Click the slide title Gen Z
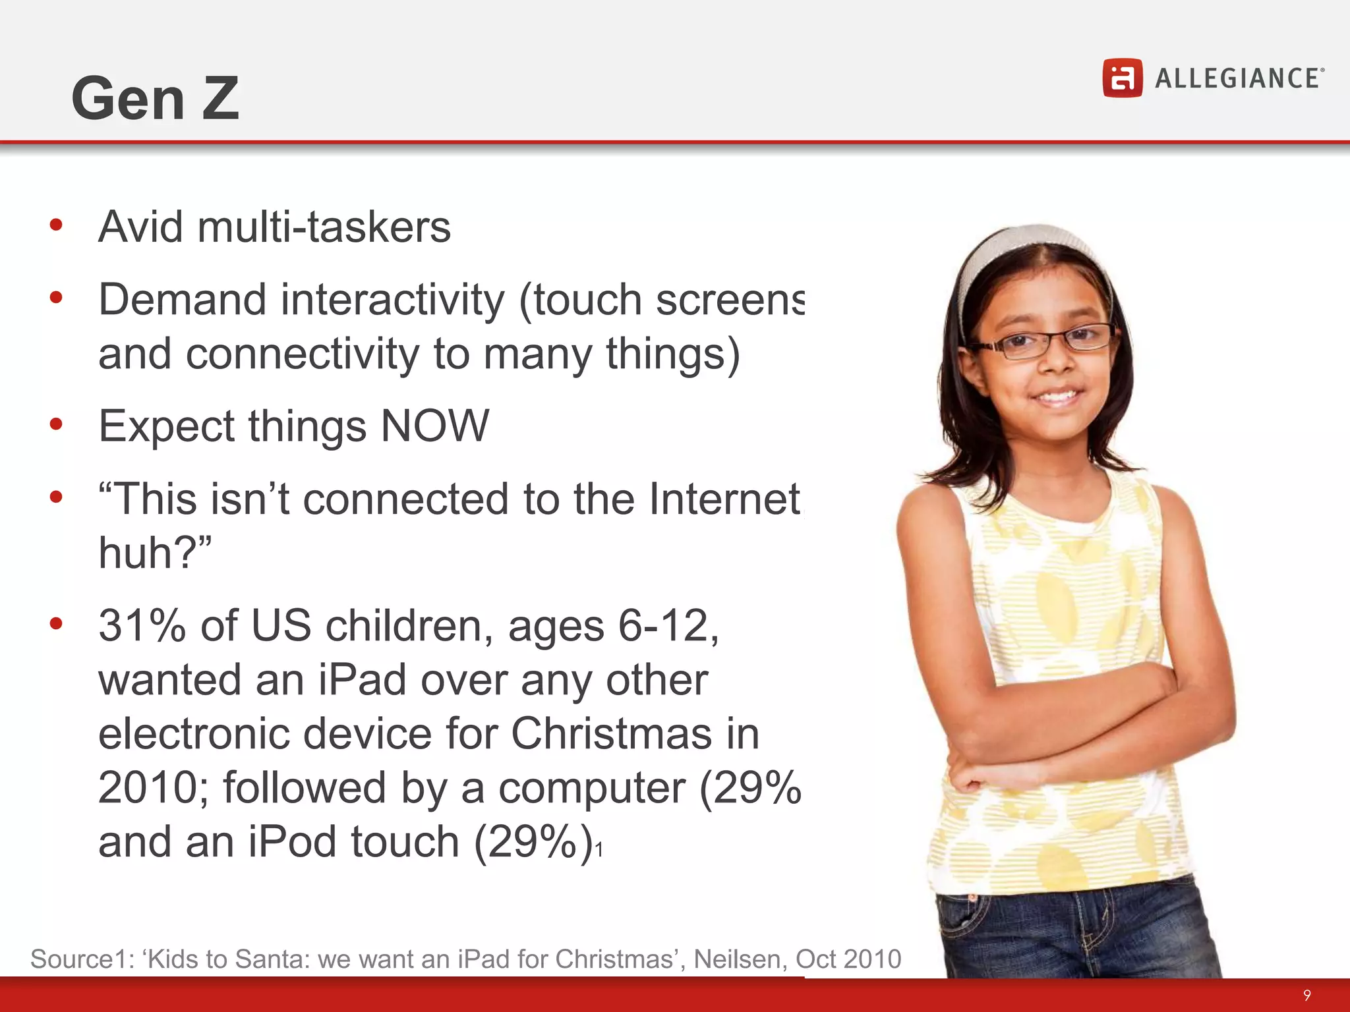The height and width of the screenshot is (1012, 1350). tap(155, 98)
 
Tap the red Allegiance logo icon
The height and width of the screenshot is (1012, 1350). tap(1122, 78)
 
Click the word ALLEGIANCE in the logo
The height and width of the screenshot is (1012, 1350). tap(1238, 79)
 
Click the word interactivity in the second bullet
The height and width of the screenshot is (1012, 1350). tap(393, 300)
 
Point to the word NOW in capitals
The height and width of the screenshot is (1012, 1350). tap(435, 426)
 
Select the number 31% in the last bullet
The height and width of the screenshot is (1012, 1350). tap(142, 625)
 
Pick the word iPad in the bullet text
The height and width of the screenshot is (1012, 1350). tap(362, 680)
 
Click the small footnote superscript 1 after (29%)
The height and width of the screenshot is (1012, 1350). tap(599, 851)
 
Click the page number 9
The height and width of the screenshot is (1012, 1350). tap(1307, 995)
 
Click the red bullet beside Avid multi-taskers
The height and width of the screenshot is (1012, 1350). tap(56, 225)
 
